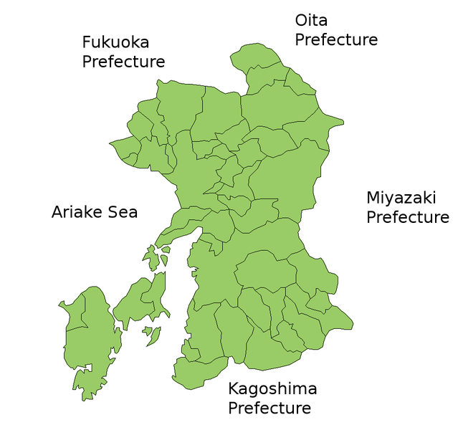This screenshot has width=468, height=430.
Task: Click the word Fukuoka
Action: coord(115,42)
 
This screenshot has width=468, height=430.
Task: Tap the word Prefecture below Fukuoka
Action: coord(123,62)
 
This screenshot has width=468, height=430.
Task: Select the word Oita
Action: coord(311,20)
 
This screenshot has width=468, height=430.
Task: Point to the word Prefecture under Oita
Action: coord(336,39)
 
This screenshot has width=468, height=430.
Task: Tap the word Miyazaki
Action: coord(401,197)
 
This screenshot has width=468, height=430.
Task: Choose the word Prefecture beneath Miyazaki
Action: coord(408,216)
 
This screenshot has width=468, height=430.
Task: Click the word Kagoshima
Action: coord(272,389)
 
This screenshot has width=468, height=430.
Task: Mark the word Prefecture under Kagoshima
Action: coord(269,408)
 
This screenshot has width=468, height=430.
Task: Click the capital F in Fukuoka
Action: coord(87,42)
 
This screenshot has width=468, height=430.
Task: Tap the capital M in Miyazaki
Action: coord(373,197)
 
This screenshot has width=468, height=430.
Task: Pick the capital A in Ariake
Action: coord(57,212)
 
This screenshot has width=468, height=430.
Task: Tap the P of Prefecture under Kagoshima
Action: coord(233,408)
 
